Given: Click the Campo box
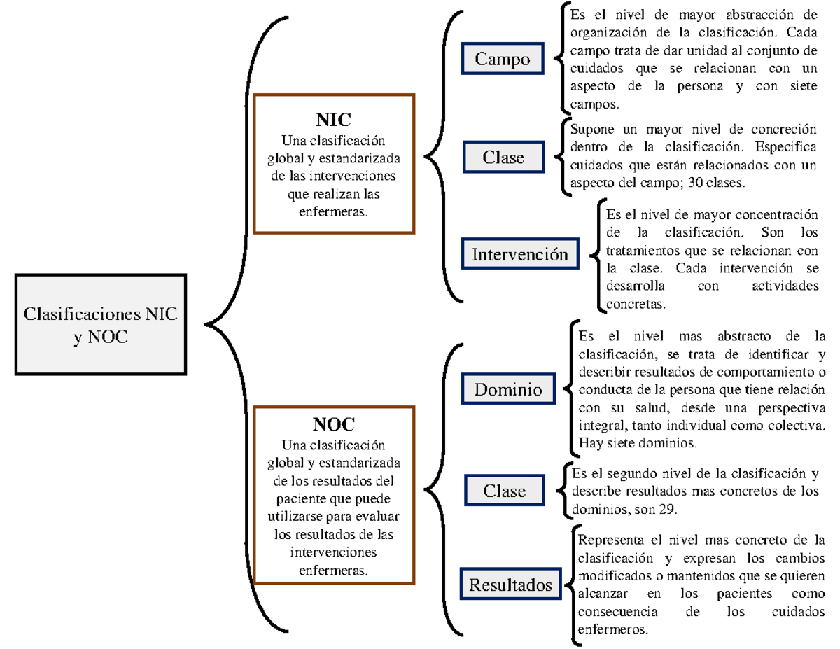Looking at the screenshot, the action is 503,58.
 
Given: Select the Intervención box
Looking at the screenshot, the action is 520,253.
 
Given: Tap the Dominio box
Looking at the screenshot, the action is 508,389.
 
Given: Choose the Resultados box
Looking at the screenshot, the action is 510,584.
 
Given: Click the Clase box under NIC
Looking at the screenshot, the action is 504,157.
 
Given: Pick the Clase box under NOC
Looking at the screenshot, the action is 505,490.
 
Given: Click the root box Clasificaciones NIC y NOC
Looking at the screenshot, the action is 101,324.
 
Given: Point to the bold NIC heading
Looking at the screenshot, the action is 333,120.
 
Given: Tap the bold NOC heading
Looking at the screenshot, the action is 334,424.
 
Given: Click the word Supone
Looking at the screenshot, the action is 592,130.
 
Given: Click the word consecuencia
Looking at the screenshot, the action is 617,612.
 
